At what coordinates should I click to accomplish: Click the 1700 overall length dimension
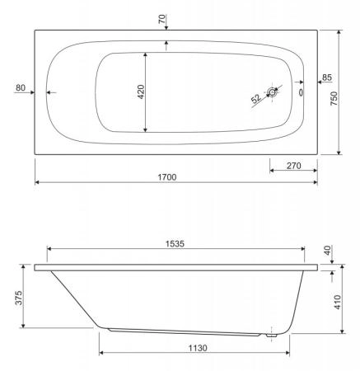[167, 177]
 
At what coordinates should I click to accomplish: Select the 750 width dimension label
[334, 99]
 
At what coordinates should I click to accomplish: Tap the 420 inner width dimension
[141, 92]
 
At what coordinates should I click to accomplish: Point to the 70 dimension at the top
[162, 19]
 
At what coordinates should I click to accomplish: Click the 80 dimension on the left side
[21, 88]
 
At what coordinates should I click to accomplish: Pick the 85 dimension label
[327, 77]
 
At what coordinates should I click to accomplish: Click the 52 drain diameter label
[255, 99]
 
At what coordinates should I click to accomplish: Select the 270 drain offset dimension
[293, 166]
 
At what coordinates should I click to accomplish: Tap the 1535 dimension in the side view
[175, 244]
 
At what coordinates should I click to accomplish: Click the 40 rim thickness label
[328, 251]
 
